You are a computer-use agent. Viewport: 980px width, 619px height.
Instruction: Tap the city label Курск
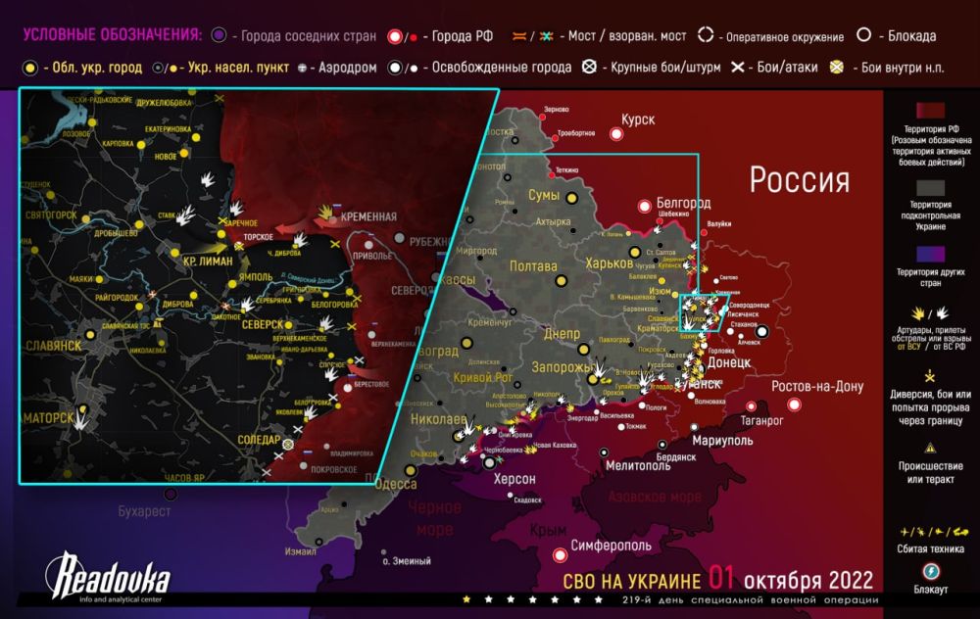click(637, 119)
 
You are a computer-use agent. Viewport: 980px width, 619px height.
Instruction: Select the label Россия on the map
click(799, 179)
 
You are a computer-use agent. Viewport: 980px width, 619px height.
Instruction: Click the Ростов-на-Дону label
click(817, 386)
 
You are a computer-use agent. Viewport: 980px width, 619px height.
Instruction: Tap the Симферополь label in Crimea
click(612, 544)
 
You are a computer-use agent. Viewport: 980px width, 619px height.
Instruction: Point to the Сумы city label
click(544, 196)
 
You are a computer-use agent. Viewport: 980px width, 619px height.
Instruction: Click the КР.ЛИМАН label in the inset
click(207, 262)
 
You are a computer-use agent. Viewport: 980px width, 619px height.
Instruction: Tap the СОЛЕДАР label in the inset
click(259, 440)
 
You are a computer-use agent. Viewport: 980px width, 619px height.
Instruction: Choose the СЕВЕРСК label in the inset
click(262, 324)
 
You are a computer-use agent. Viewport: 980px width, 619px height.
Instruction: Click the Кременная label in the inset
click(368, 216)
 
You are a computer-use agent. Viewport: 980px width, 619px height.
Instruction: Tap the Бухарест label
click(144, 510)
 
